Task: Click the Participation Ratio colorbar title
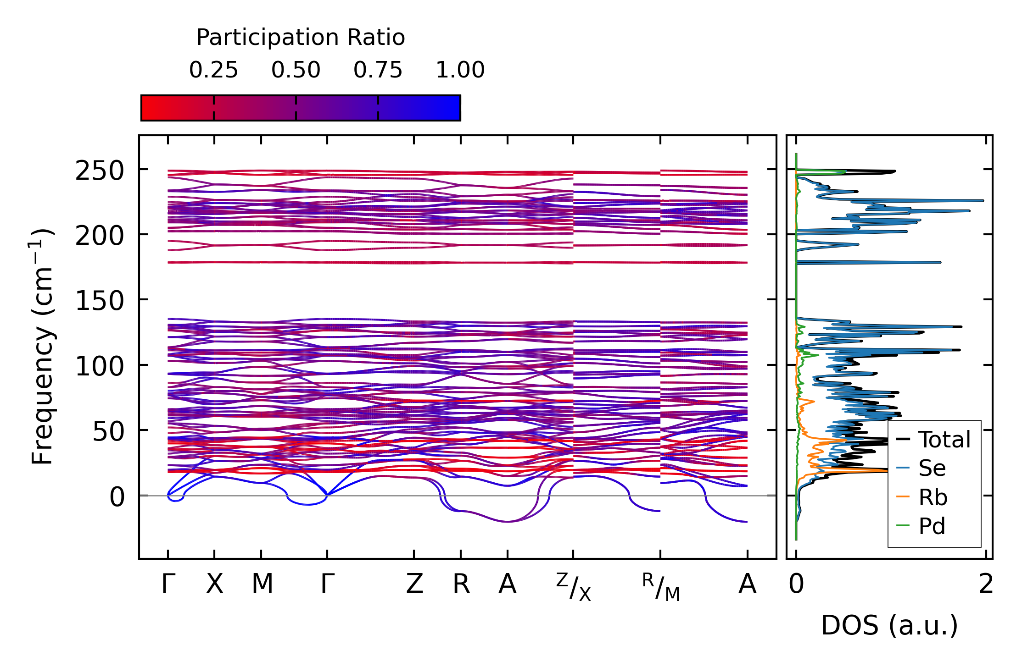pos(301,38)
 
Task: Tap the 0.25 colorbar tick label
pos(213,71)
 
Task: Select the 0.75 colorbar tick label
pos(378,71)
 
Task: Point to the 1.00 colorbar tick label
pos(460,71)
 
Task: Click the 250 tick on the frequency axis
pos(100,172)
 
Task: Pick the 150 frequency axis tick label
pos(100,302)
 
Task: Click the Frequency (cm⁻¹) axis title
pos(42,347)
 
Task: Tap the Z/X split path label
pos(574,587)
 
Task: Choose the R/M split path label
pos(661,587)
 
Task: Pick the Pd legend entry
pos(932,526)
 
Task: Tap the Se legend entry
pos(932,469)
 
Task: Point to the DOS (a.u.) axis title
pos(889,626)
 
